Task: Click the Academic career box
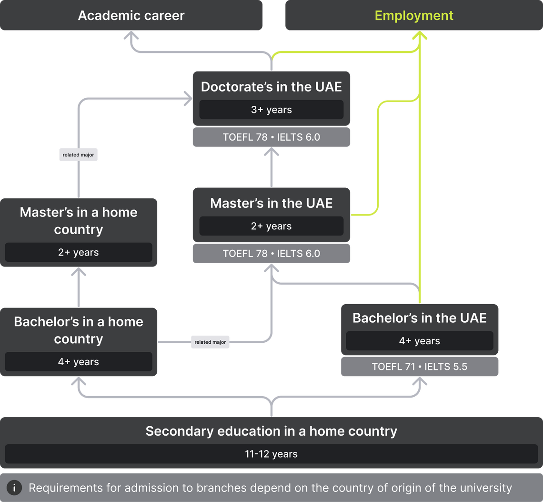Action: coord(131,15)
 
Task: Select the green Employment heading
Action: coord(414,16)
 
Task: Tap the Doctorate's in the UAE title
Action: coord(271,87)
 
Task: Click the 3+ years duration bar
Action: coord(271,110)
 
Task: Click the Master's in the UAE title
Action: coord(271,203)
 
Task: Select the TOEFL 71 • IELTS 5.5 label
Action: coord(420,367)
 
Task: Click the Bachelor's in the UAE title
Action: coord(420,318)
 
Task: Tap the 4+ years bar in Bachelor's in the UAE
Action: coord(420,341)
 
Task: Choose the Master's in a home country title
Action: coord(79,221)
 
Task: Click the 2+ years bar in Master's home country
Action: coord(79,252)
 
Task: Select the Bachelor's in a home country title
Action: coord(79,330)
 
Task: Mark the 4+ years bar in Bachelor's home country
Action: coord(79,361)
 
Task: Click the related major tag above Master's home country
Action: coord(78,154)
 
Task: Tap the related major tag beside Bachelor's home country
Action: coord(210,342)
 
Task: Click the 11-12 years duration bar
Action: coord(271,454)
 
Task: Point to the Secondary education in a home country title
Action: coord(271,431)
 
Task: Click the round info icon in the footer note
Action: coord(14,488)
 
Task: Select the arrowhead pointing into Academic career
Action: coord(131,35)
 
